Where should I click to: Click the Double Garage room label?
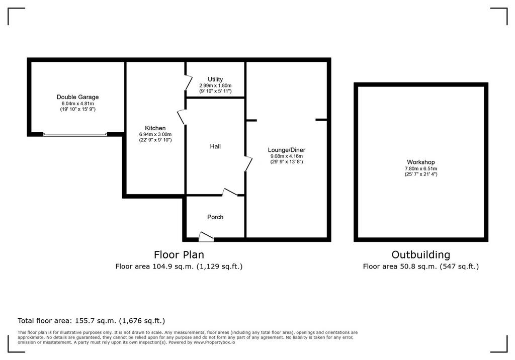tap(77, 97)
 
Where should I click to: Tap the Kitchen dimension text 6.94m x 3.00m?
tap(155, 134)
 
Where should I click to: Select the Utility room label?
tap(215, 79)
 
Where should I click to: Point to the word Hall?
tap(215, 146)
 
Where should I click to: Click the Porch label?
tap(215, 217)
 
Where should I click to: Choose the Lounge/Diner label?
tap(286, 150)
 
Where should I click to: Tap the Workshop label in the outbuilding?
tap(421, 162)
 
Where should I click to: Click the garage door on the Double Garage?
tap(75, 134)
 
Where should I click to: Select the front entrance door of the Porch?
tap(206, 237)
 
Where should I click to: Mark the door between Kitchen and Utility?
tap(189, 82)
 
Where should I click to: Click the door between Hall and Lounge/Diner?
tap(248, 163)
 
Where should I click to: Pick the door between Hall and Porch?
tap(230, 193)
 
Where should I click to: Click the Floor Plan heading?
tap(179, 254)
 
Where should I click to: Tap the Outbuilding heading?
tap(421, 254)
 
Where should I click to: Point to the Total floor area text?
tap(92, 321)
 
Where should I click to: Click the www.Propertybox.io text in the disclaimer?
tap(214, 342)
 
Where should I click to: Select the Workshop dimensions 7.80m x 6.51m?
tap(421, 168)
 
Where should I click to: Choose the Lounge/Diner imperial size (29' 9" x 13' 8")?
tap(286, 161)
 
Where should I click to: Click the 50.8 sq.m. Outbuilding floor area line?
tap(421, 266)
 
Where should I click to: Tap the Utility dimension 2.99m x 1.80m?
tap(215, 85)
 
